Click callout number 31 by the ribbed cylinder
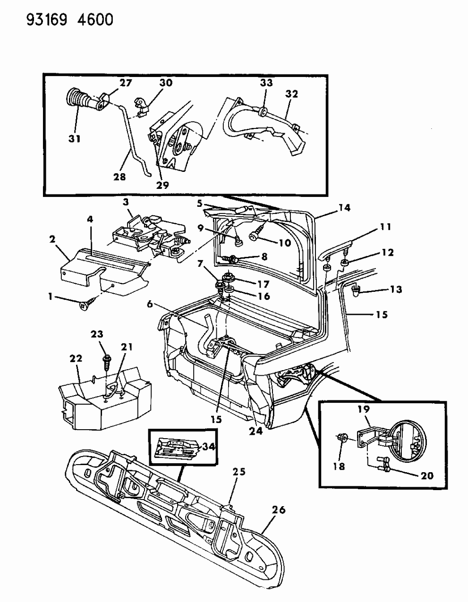click(x=74, y=139)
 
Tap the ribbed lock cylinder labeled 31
click(x=78, y=101)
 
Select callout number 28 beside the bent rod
click(x=119, y=177)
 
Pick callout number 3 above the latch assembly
click(x=126, y=202)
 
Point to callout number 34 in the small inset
click(x=208, y=446)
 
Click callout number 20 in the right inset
click(x=427, y=476)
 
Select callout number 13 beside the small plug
click(x=395, y=289)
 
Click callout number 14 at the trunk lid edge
click(x=344, y=207)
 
